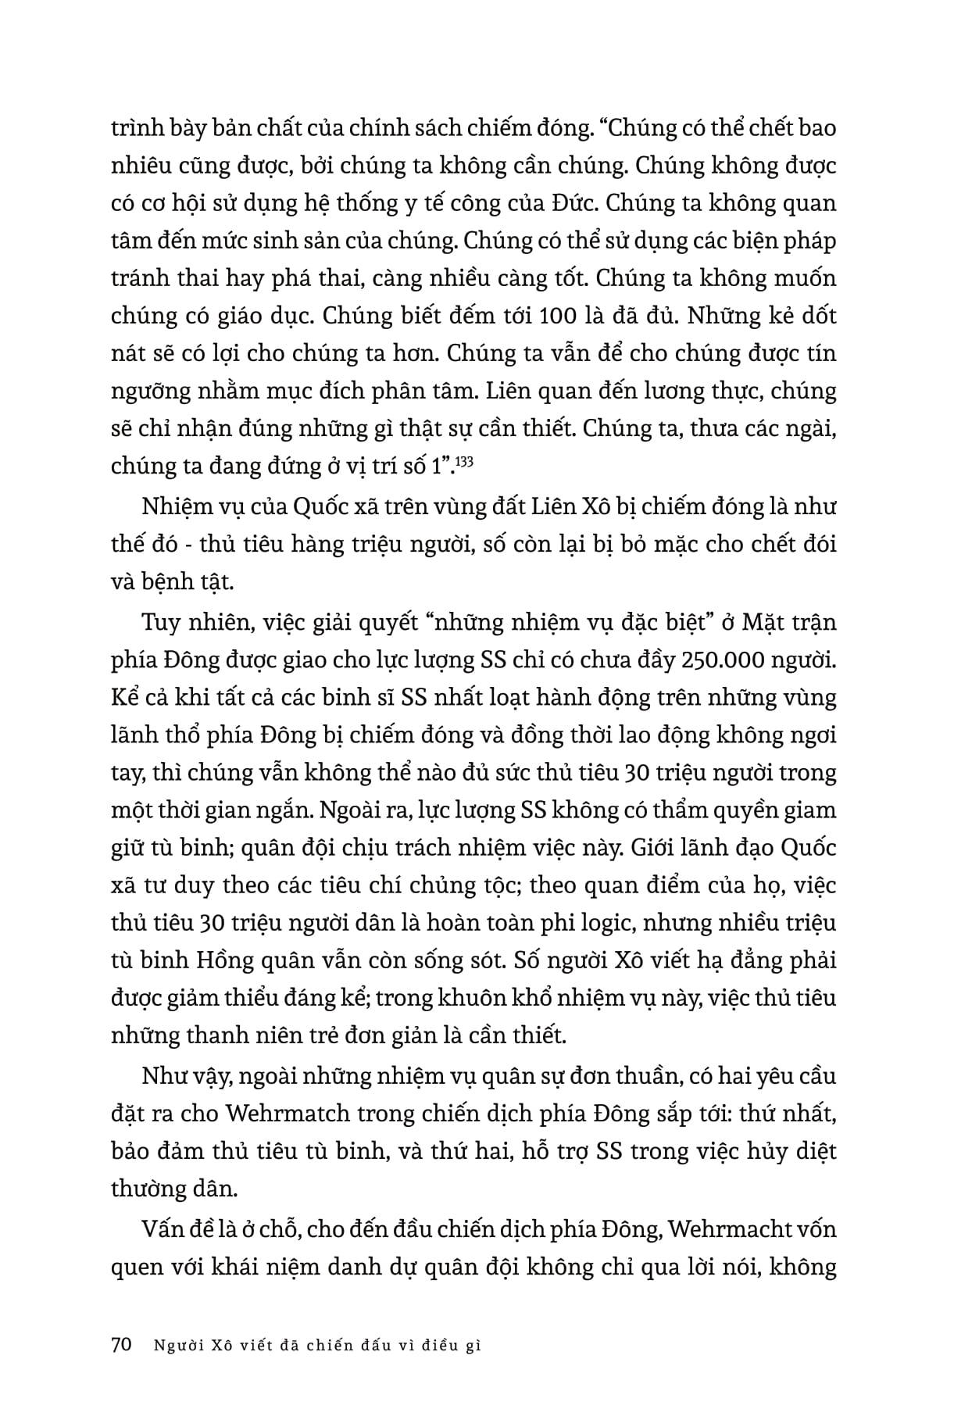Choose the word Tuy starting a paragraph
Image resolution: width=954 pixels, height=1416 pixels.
tap(163, 623)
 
